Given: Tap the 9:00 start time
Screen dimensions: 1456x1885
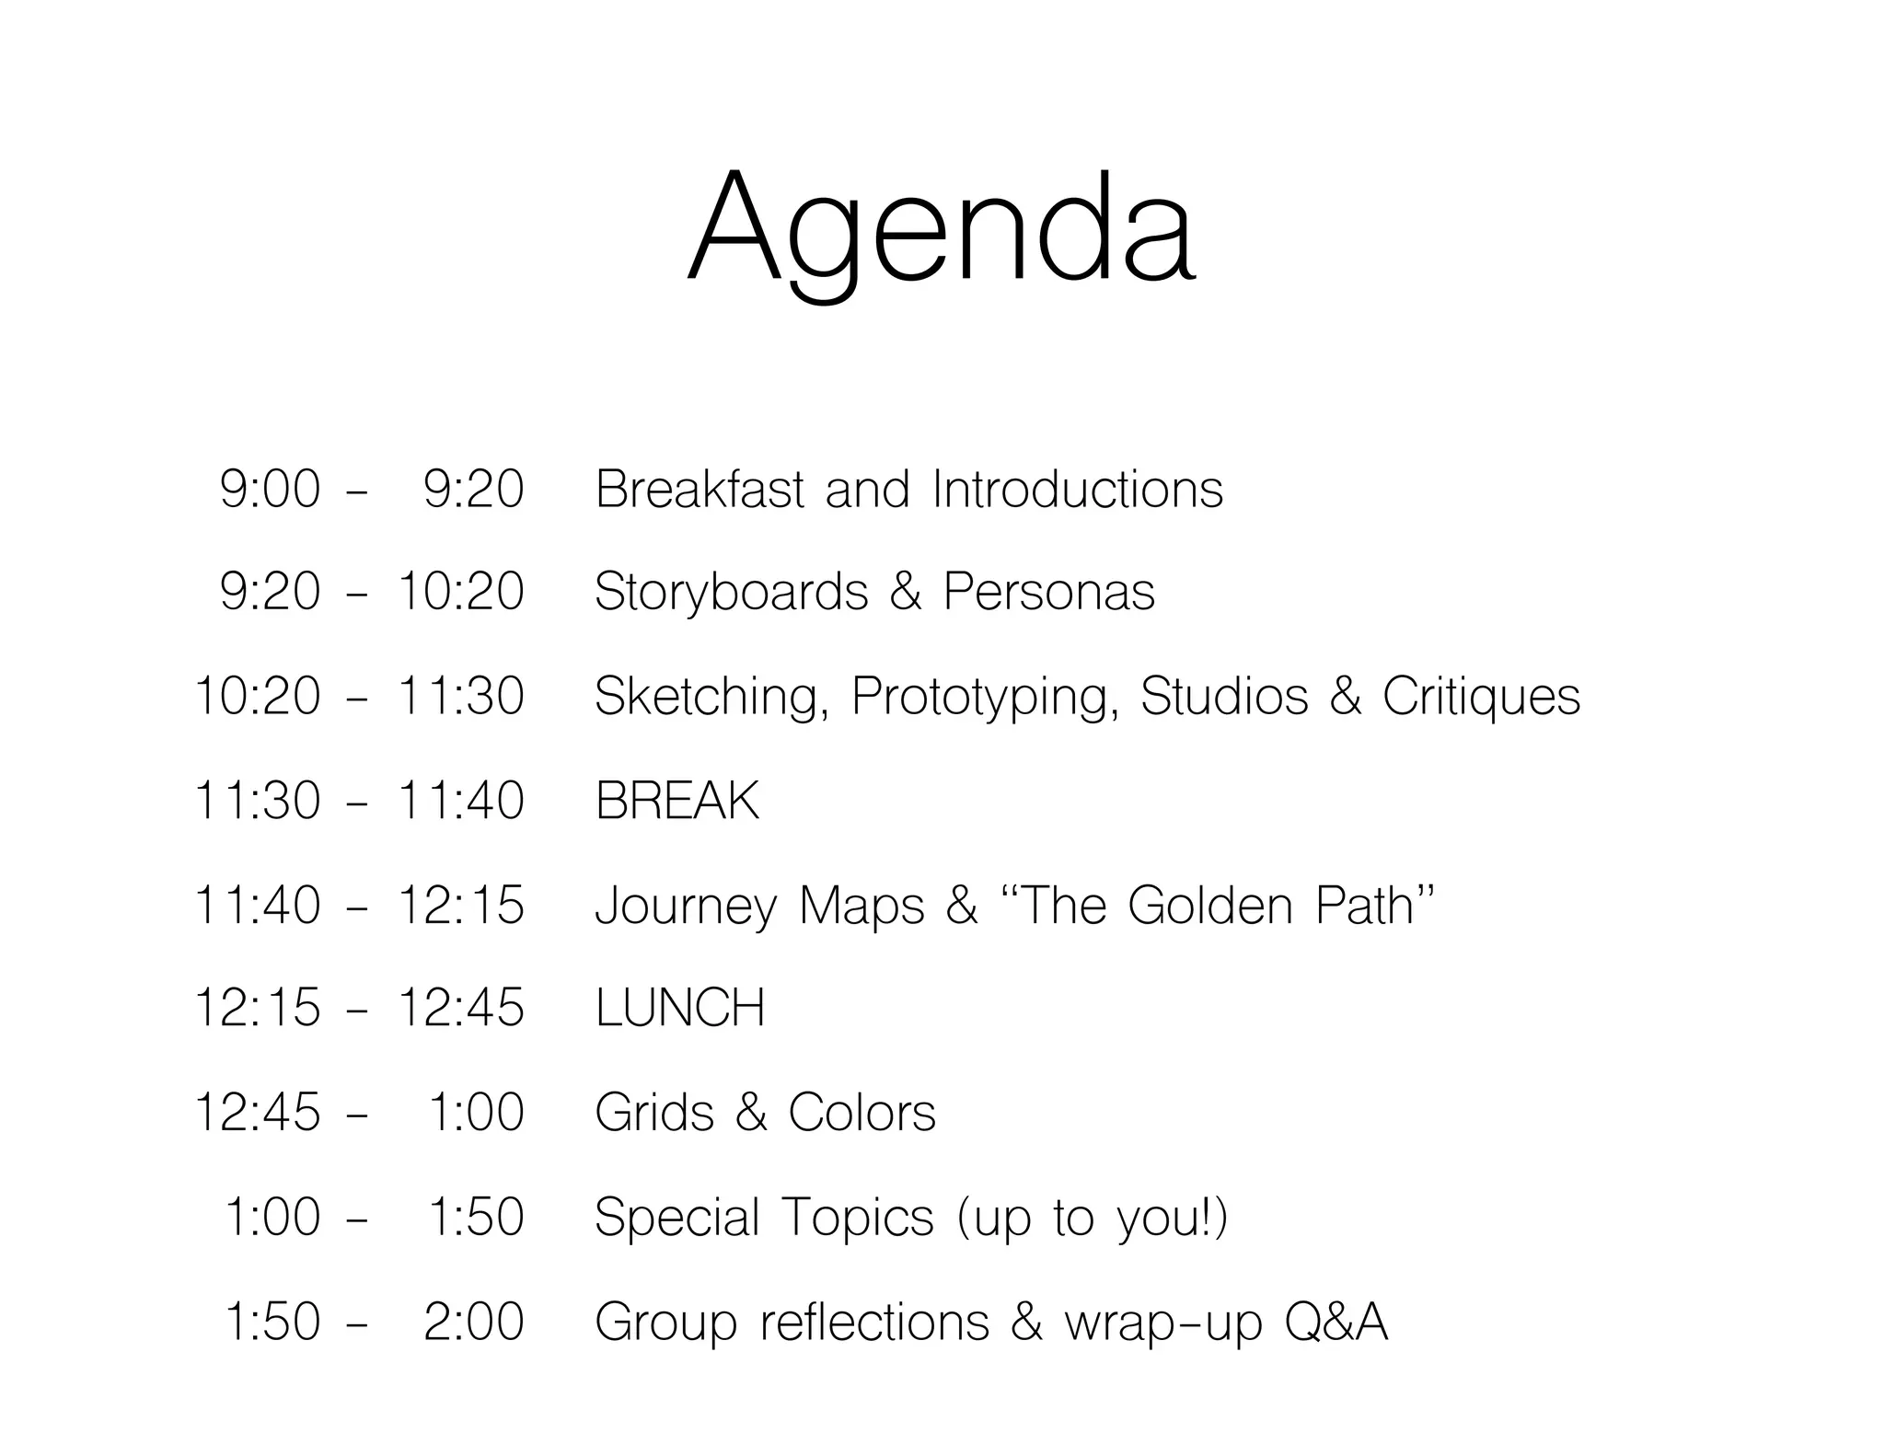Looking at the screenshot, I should (x=270, y=489).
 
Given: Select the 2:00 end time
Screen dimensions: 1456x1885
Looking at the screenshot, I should (x=473, y=1322).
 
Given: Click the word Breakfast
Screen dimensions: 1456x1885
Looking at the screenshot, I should (x=700, y=489).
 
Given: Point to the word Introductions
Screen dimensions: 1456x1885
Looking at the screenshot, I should (x=1077, y=489).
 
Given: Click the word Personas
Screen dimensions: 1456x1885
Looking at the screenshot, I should (x=1048, y=592).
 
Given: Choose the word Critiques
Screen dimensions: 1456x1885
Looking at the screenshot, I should (x=1481, y=697).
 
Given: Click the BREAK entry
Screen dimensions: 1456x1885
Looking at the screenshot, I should (x=677, y=801).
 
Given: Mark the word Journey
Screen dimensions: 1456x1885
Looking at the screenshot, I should (x=687, y=907).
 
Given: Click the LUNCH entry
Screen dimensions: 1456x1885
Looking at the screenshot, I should (x=679, y=1008).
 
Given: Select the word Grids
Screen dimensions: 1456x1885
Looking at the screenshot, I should (x=654, y=1113).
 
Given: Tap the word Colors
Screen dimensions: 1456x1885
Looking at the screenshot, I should (x=862, y=1113).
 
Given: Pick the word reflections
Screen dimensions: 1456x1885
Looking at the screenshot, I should (x=874, y=1322).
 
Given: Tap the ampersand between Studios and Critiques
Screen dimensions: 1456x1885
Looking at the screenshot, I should (x=1345, y=697).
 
